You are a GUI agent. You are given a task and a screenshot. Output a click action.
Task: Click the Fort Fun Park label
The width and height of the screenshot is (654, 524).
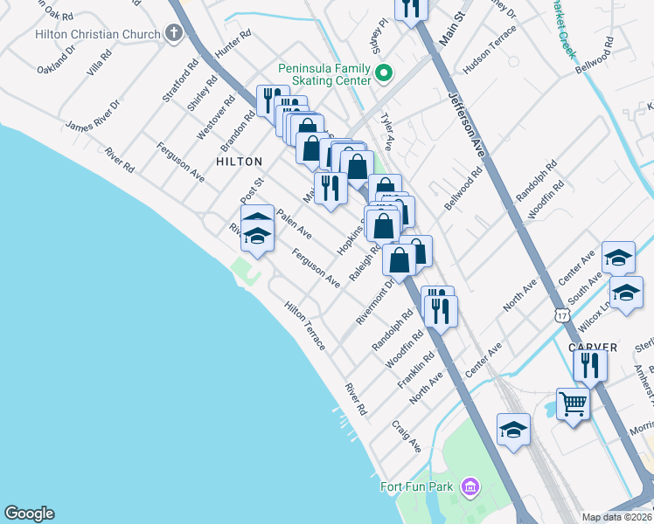coord(418,486)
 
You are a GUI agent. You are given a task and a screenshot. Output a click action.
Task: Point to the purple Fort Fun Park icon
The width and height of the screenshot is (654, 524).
coord(470,486)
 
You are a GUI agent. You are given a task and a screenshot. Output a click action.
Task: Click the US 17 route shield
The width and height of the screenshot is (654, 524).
coord(560,314)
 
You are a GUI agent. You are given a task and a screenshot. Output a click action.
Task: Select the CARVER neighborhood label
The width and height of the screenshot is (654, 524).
coord(593,348)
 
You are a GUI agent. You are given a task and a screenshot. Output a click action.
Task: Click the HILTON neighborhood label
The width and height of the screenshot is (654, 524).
coord(239,162)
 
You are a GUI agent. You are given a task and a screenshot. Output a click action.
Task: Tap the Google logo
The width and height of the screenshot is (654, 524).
coord(29,514)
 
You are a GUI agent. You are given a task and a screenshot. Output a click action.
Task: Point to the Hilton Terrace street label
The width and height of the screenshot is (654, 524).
coord(304,326)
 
